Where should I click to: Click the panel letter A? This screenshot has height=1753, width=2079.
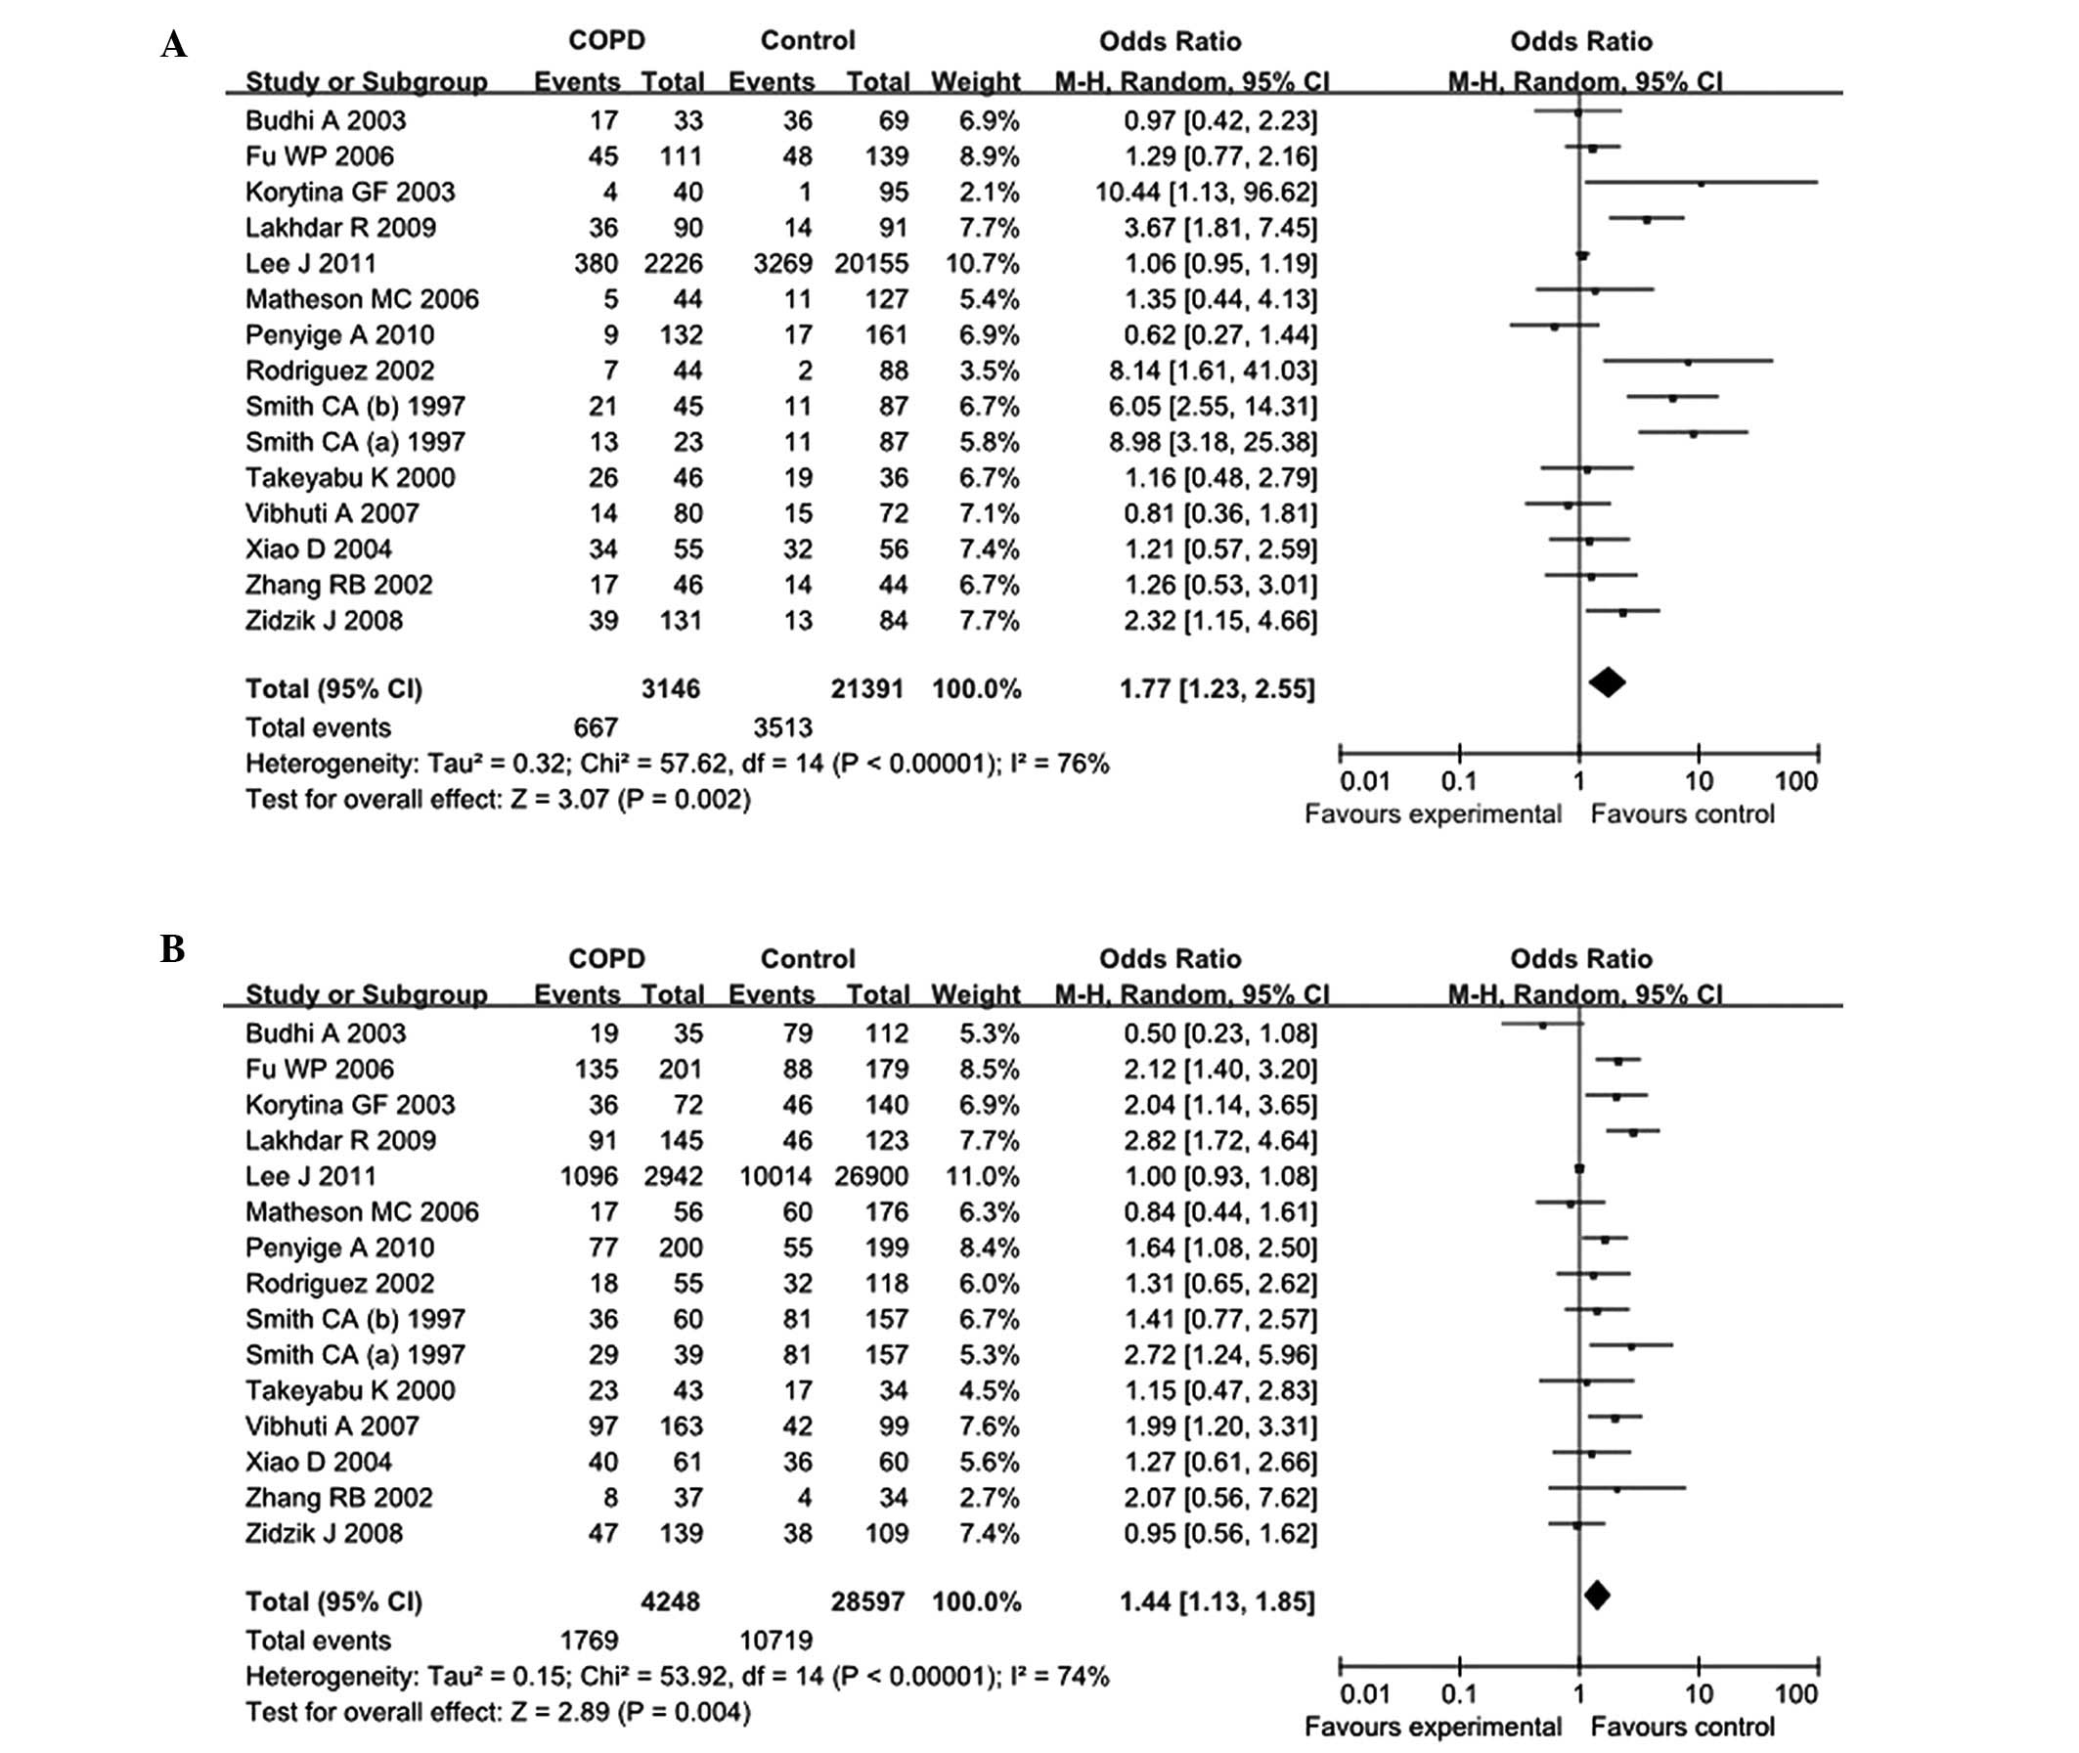(174, 45)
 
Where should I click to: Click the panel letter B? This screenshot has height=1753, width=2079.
(173, 949)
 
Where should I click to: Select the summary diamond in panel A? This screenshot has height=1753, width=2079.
(1607, 682)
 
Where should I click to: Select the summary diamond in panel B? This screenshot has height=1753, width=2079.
(1597, 1595)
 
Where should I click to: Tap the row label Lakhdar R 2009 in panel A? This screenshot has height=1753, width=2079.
(341, 228)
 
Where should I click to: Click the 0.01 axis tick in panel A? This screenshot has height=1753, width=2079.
(1364, 781)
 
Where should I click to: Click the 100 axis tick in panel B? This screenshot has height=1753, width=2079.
(1795, 1693)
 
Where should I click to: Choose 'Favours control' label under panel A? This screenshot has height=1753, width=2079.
(1683, 813)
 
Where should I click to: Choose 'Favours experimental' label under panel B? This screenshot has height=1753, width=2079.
(1433, 1728)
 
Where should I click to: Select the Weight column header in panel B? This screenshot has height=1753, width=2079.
(976, 993)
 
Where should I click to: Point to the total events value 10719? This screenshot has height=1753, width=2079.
(776, 1640)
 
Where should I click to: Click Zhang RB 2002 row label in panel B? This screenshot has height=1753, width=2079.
(339, 1498)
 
